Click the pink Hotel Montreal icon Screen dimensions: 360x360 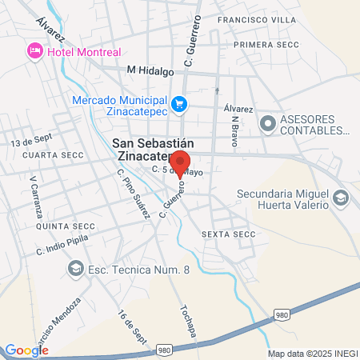click(x=35, y=52)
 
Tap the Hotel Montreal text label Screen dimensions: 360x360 click(x=84, y=52)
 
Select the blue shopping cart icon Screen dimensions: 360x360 click(x=180, y=103)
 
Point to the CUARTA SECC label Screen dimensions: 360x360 click(x=48, y=154)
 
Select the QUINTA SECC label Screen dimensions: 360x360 click(x=49, y=226)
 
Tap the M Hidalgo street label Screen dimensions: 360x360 click(x=150, y=70)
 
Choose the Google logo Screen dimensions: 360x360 click(x=26, y=350)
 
